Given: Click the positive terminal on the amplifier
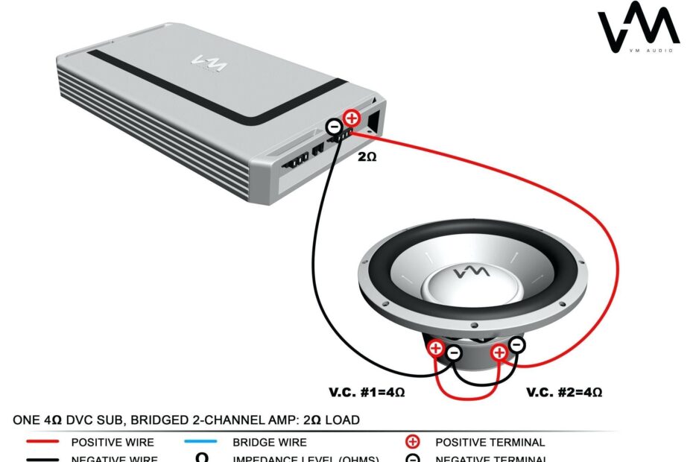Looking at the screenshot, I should tap(351, 118).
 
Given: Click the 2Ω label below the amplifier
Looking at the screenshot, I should tap(367, 157).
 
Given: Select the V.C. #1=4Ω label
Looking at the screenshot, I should tap(367, 391).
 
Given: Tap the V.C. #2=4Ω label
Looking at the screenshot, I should tap(564, 391).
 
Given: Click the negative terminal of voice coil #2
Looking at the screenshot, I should tap(517, 345).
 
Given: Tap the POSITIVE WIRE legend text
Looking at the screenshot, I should tap(113, 443).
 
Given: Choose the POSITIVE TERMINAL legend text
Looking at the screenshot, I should tap(490, 443).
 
